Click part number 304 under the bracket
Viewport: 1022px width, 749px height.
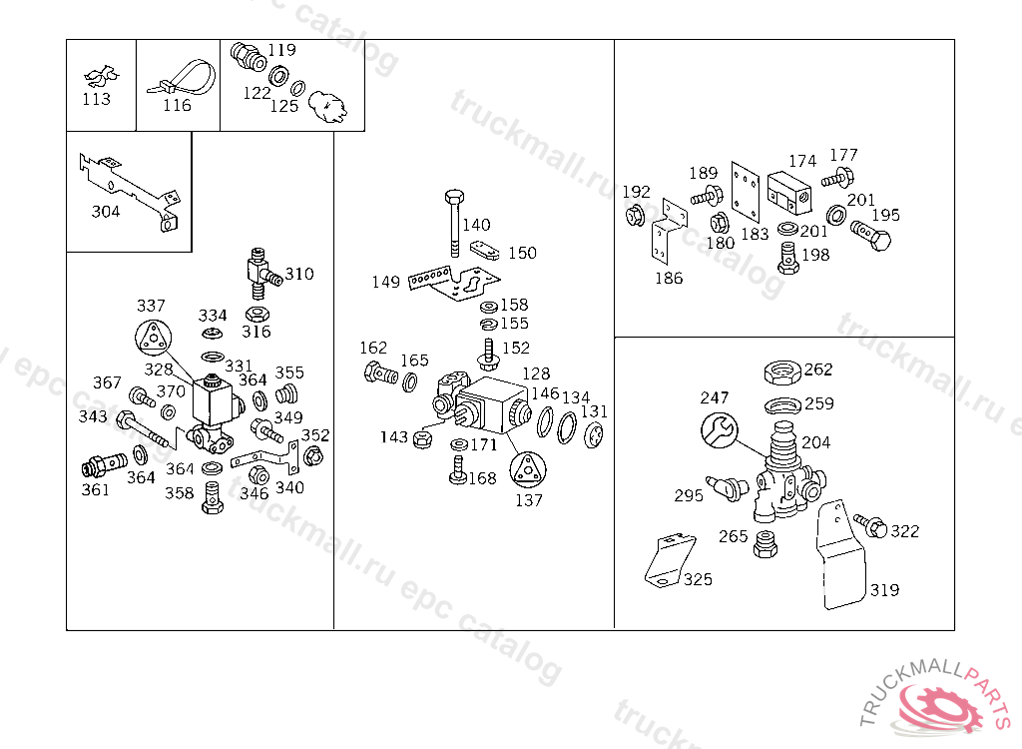pyautogui.click(x=106, y=212)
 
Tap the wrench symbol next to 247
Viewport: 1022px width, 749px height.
pyautogui.click(x=718, y=430)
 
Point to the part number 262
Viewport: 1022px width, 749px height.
pyautogui.click(x=817, y=370)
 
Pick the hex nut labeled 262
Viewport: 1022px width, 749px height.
pyautogui.click(x=783, y=372)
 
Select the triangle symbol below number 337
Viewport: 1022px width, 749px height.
pyautogui.click(x=152, y=338)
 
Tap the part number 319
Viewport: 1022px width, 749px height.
pyautogui.click(x=883, y=590)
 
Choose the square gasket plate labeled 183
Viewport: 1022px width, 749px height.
pyautogui.click(x=744, y=192)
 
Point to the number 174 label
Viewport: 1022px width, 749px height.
pyautogui.click(x=802, y=161)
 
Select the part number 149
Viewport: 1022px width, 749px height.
pyautogui.click(x=386, y=283)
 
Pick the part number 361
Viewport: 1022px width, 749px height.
pyautogui.click(x=96, y=489)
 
